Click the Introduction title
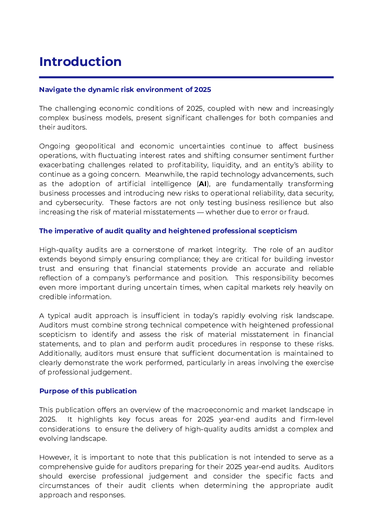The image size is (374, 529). coord(80,62)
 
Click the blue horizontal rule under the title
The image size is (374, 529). coord(186,77)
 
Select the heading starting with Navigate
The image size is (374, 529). coord(125,90)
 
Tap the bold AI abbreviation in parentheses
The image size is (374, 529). coord(203,184)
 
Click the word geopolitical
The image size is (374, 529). coord(95,146)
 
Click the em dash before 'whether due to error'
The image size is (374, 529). coord(200,212)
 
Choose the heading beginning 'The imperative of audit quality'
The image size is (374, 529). coord(168,231)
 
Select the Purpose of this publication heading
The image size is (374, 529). coord(88,391)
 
